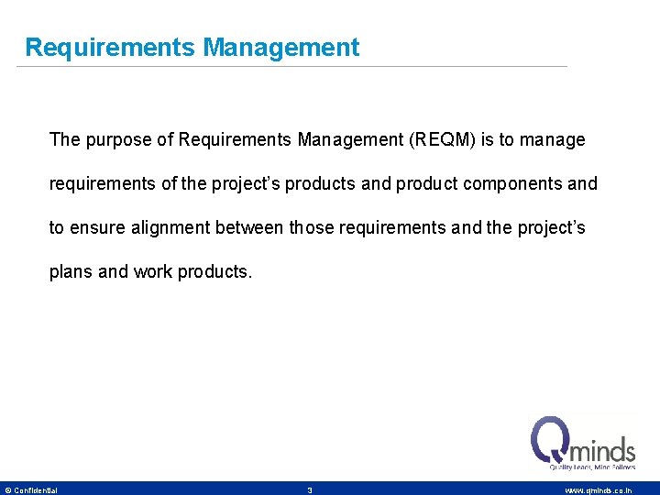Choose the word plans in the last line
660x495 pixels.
70,271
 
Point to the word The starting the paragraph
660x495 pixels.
64,140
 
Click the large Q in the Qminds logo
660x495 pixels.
552,441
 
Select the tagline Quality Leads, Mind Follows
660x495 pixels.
591,467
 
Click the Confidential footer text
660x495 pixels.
36,490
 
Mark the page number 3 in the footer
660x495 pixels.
310,490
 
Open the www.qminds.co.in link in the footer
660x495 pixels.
598,490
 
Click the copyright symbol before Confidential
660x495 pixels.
8,490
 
